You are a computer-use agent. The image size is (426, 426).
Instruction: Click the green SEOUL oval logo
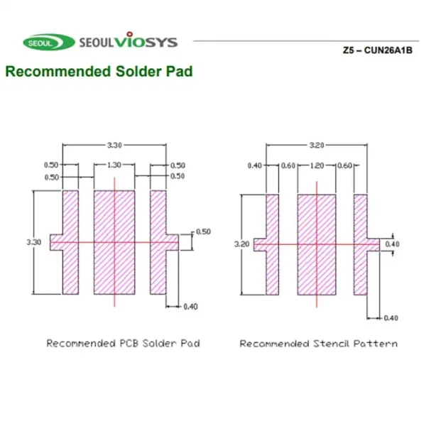(49, 43)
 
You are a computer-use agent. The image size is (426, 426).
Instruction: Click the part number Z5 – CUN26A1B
(378, 50)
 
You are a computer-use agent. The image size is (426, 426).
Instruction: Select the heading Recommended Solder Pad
(99, 72)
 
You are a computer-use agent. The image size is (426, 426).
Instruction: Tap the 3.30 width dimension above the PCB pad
(114, 145)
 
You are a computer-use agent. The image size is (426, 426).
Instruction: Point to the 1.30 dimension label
(114, 165)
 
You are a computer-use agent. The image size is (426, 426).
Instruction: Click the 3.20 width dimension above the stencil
(317, 145)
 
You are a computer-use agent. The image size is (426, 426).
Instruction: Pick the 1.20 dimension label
(317, 165)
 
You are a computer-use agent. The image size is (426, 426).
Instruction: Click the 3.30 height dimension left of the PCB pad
(34, 242)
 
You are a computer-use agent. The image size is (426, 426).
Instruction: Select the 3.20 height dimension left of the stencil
(242, 244)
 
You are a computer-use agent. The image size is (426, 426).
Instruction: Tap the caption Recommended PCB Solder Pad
(124, 343)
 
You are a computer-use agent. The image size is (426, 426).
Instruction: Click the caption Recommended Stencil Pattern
(319, 344)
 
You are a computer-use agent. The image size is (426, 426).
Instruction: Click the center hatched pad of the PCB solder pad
(114, 242)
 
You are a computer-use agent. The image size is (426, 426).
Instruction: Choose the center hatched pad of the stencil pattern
(317, 244)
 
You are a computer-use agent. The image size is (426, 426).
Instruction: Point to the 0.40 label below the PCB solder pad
(190, 307)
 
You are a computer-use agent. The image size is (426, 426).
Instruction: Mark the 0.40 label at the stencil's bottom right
(390, 318)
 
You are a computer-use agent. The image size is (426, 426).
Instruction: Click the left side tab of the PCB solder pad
(57, 242)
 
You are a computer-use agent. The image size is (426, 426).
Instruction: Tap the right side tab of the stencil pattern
(373, 245)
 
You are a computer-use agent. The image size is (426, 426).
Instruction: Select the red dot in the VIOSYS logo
(130, 34)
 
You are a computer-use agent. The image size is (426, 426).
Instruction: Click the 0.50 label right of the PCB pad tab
(203, 231)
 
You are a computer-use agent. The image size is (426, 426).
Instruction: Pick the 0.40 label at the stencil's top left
(255, 165)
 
